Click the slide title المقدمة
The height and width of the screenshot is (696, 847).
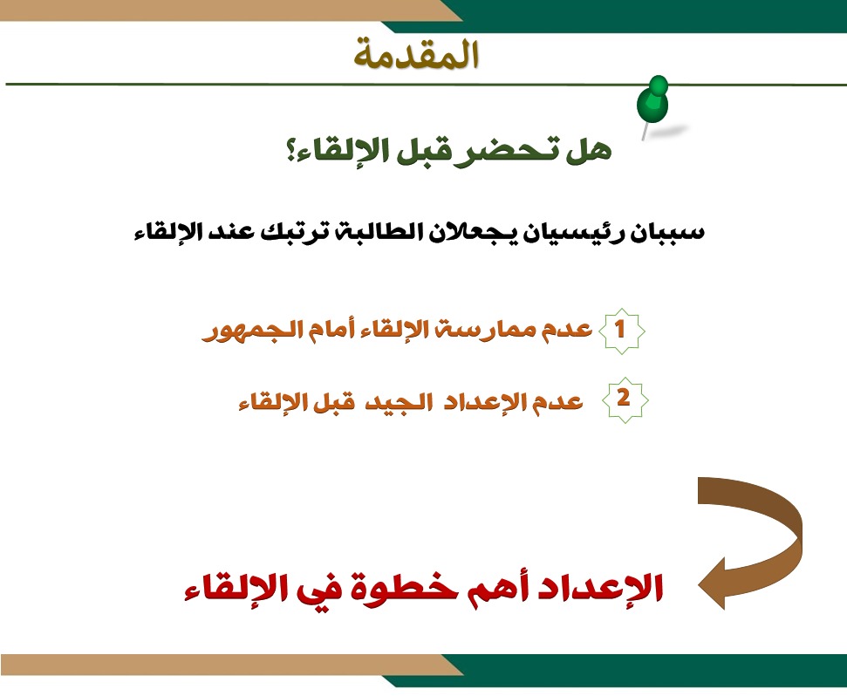click(416, 55)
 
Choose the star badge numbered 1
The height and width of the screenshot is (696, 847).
click(621, 331)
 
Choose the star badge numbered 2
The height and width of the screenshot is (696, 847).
click(625, 399)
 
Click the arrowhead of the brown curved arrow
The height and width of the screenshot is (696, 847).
click(712, 584)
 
